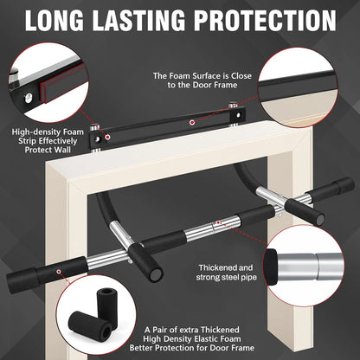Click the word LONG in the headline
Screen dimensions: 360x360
(64, 20)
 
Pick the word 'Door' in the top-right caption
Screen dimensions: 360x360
(202, 87)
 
